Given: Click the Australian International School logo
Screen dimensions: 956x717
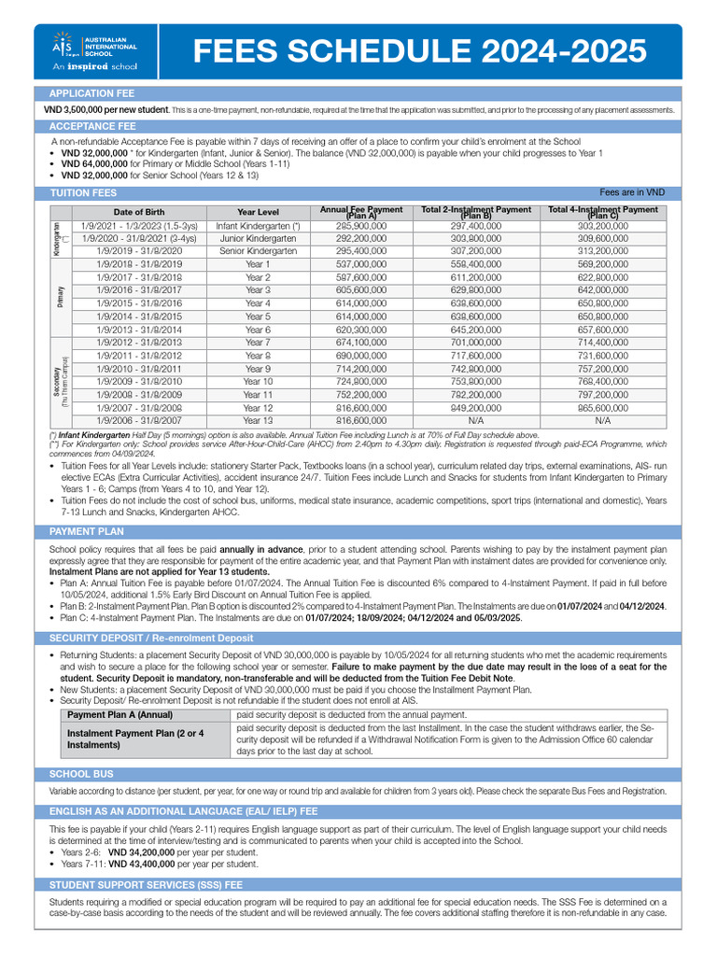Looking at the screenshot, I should tap(94, 50).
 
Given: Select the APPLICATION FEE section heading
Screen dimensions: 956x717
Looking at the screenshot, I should tap(91, 93).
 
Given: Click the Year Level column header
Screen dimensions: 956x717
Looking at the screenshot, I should tap(258, 212).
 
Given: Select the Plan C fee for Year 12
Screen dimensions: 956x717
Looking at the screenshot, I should tap(602, 408).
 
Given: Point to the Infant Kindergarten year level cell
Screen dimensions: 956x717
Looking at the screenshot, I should tap(258, 225).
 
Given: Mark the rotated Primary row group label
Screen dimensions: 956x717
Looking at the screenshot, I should tap(61, 297).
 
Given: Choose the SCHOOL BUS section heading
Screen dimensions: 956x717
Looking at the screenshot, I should tap(81, 774).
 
